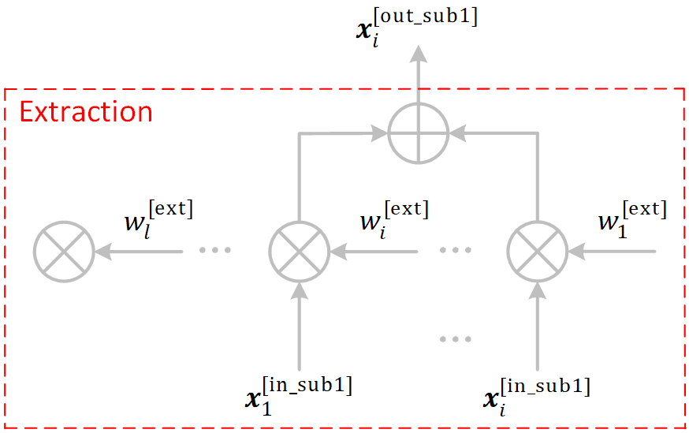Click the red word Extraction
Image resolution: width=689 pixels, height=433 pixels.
[x=86, y=112]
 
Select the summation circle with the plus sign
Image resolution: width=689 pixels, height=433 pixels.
[x=418, y=133]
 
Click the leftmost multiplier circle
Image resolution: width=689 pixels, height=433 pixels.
[x=64, y=252]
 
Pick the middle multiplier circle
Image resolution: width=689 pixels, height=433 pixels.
[x=299, y=252]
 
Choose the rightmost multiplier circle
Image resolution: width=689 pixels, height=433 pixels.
[x=538, y=252]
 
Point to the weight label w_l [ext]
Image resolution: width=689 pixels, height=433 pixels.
[x=158, y=218]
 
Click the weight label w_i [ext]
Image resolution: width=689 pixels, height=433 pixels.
[x=394, y=218]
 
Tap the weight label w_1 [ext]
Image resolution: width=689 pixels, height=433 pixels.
[x=631, y=218]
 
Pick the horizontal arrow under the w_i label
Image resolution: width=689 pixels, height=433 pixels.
[x=374, y=252]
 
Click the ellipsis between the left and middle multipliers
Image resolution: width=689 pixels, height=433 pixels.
[x=215, y=250]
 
